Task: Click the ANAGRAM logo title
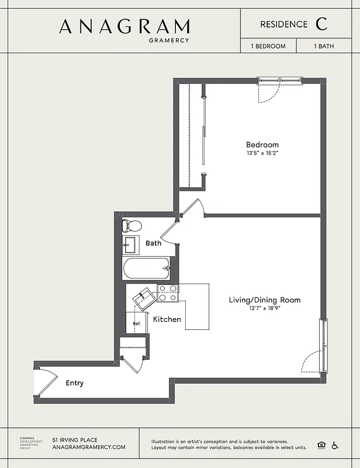[124, 26]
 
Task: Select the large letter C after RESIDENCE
[321, 24]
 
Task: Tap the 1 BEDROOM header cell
[268, 46]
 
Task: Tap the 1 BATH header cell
[324, 46]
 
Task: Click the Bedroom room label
[262, 144]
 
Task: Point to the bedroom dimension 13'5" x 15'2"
[262, 154]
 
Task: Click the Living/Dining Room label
[264, 300]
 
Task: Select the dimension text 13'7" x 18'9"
[264, 309]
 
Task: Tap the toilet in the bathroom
[131, 225]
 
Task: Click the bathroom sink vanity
[131, 245]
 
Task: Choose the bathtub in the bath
[146, 269]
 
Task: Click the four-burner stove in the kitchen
[167, 293]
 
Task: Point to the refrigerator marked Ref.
[136, 323]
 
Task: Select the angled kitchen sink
[143, 300]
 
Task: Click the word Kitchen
[167, 319]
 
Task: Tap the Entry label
[74, 383]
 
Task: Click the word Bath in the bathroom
[153, 243]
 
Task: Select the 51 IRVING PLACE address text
[75, 439]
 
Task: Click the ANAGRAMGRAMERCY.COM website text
[89, 447]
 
